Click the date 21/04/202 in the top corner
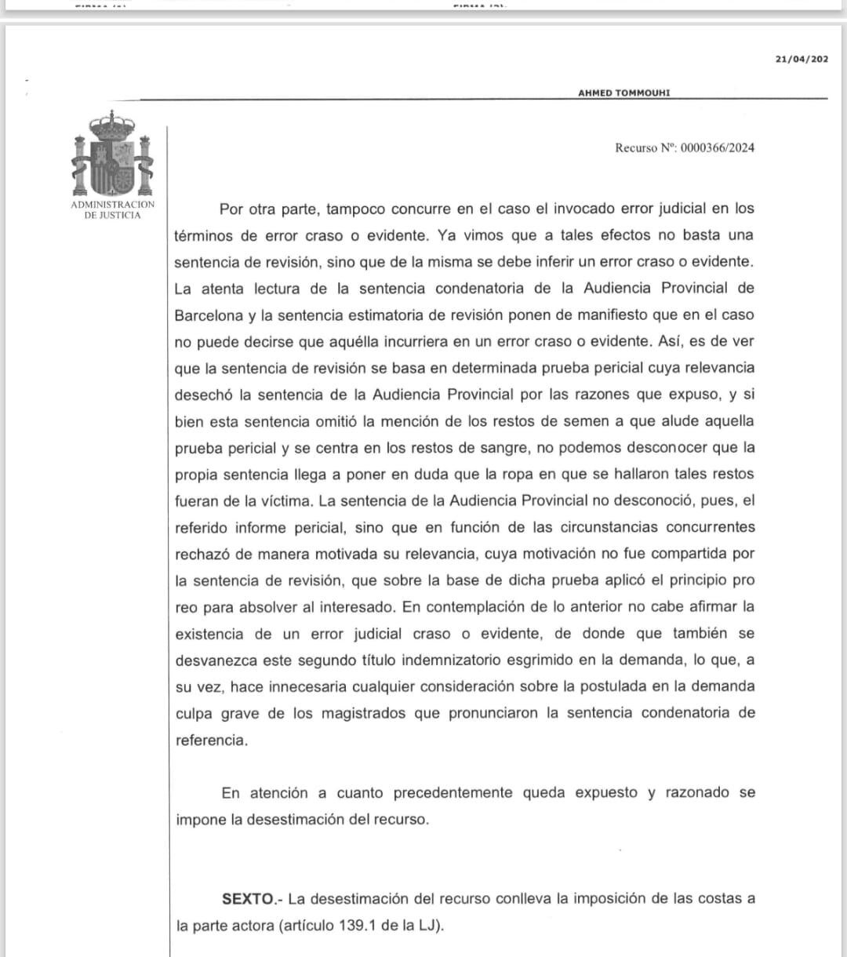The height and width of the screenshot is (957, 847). click(802, 59)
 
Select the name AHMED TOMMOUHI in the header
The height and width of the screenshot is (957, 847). click(623, 93)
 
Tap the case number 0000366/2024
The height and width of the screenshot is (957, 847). click(718, 147)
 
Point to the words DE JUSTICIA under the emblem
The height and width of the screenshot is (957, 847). click(113, 215)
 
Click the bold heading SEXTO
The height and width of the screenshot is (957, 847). click(247, 898)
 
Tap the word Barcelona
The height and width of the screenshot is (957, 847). click(209, 315)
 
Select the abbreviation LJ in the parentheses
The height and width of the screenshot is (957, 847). click(427, 925)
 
